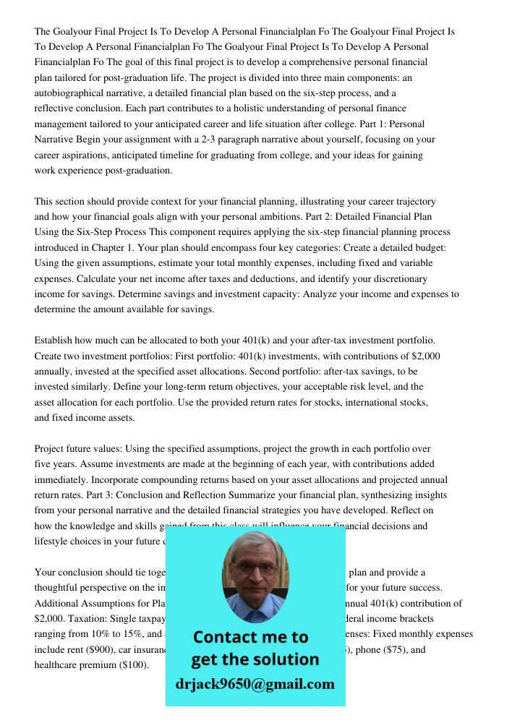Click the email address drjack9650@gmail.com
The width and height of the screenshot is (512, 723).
tap(255, 684)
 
